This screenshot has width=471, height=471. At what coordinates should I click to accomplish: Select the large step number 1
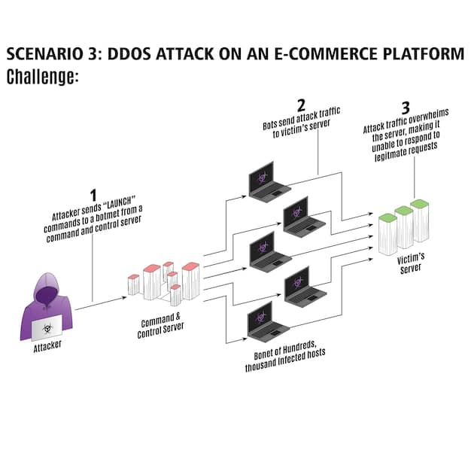tap(93, 194)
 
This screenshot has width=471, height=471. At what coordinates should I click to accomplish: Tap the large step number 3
tap(407, 107)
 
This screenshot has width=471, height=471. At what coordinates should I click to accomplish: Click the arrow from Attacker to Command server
tap(100, 303)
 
